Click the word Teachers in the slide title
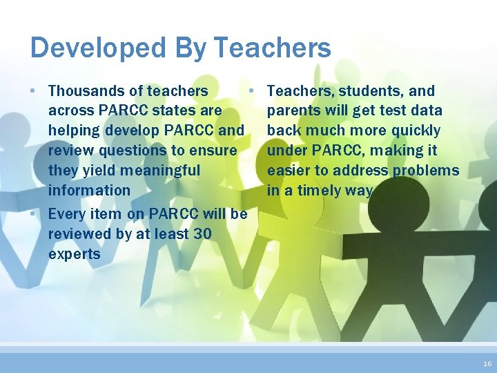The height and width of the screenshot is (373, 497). pyautogui.click(x=272, y=48)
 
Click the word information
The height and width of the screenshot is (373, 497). pyautogui.click(x=89, y=190)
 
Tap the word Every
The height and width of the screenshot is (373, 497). pyautogui.click(x=66, y=214)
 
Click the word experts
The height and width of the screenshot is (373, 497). pyautogui.click(x=74, y=254)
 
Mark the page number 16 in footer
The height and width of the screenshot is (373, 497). pyautogui.click(x=487, y=363)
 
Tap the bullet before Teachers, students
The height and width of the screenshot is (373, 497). pyautogui.click(x=253, y=90)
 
